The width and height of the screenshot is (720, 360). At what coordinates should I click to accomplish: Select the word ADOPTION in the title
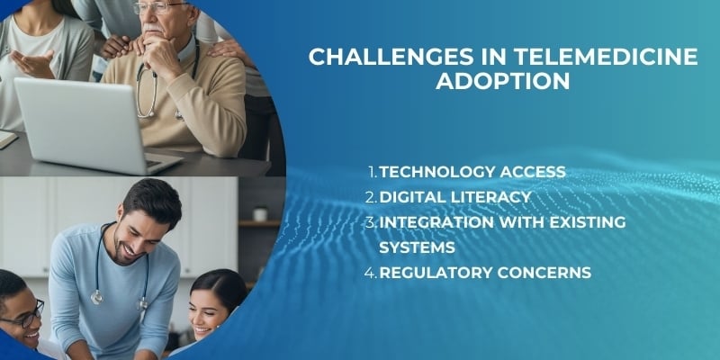(503, 83)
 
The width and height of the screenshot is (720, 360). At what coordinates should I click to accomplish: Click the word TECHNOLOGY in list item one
(437, 172)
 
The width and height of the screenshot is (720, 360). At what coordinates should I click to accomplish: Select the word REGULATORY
(436, 271)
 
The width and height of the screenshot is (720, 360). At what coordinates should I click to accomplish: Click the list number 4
(372, 271)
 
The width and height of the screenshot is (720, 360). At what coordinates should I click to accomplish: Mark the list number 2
(372, 196)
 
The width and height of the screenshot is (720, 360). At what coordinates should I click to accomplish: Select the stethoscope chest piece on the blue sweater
(96, 298)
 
